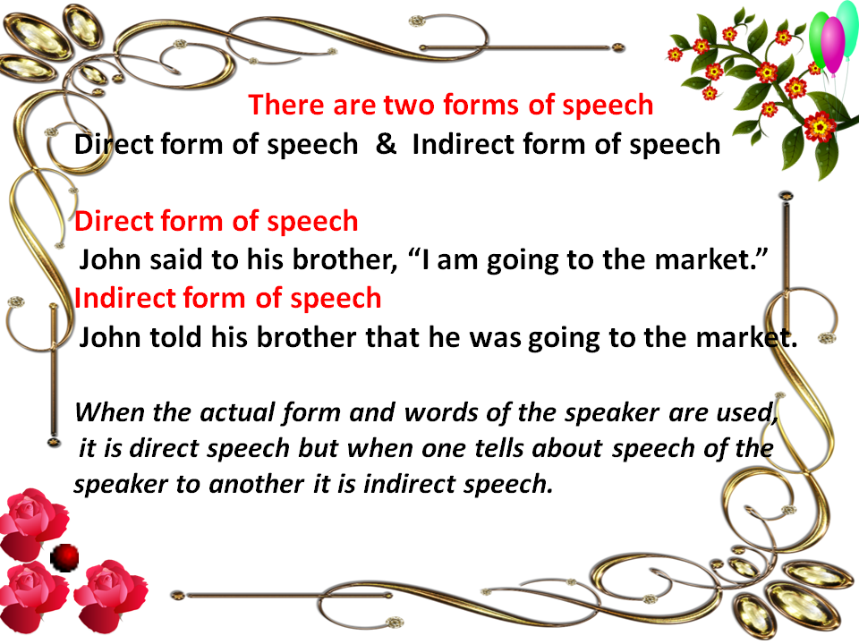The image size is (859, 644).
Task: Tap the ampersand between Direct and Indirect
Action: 387,143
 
